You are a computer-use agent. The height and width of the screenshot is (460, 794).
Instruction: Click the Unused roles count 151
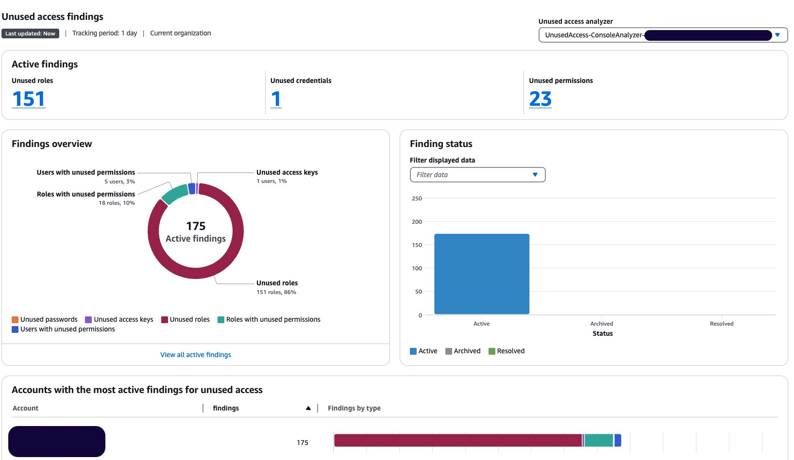[x=29, y=99]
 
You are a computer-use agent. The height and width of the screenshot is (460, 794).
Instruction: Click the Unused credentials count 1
[x=276, y=99]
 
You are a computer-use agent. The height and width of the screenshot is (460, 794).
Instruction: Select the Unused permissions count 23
[x=540, y=99]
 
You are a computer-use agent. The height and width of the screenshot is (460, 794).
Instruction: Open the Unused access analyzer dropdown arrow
[x=777, y=35]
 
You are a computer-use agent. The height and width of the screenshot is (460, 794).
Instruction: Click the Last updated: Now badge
[x=30, y=33]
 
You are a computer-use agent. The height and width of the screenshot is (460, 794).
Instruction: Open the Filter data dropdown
[x=477, y=175]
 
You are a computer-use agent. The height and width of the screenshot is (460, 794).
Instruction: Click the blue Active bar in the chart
[x=481, y=274]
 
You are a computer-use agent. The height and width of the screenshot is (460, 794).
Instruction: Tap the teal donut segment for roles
[x=175, y=194]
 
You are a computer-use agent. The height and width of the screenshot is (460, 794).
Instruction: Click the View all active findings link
[x=196, y=355]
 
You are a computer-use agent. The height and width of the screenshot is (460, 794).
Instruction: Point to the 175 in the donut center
[x=196, y=226]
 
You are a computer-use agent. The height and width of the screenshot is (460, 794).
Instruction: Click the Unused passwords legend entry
[x=45, y=319]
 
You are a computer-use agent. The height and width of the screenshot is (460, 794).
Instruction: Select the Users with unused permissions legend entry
[x=64, y=329]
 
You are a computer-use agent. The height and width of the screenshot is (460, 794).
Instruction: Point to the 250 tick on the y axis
[x=417, y=198]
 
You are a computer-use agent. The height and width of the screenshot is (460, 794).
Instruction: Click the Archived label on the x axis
[x=601, y=324]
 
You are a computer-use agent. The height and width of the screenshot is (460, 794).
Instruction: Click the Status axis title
[x=602, y=333]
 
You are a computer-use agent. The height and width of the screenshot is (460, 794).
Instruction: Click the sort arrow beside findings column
[x=308, y=409]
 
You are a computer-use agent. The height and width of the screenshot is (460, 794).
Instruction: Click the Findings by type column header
[x=354, y=408]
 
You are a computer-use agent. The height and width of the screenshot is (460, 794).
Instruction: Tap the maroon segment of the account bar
[x=456, y=440]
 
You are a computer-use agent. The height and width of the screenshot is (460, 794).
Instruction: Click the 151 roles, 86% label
[x=276, y=292]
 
